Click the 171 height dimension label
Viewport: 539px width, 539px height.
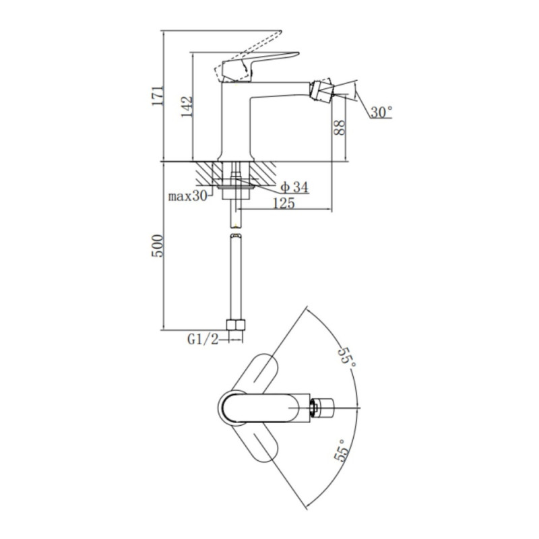[158, 96]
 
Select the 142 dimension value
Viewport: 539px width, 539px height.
[187, 106]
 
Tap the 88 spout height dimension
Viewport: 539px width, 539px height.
[340, 127]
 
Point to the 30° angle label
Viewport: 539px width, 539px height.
[381, 112]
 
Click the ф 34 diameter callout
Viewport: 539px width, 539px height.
[294, 187]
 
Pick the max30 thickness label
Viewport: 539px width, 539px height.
[188, 196]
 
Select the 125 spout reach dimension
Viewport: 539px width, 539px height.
[284, 203]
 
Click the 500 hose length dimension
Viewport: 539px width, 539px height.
[158, 245]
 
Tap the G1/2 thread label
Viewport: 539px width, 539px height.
[203, 340]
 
